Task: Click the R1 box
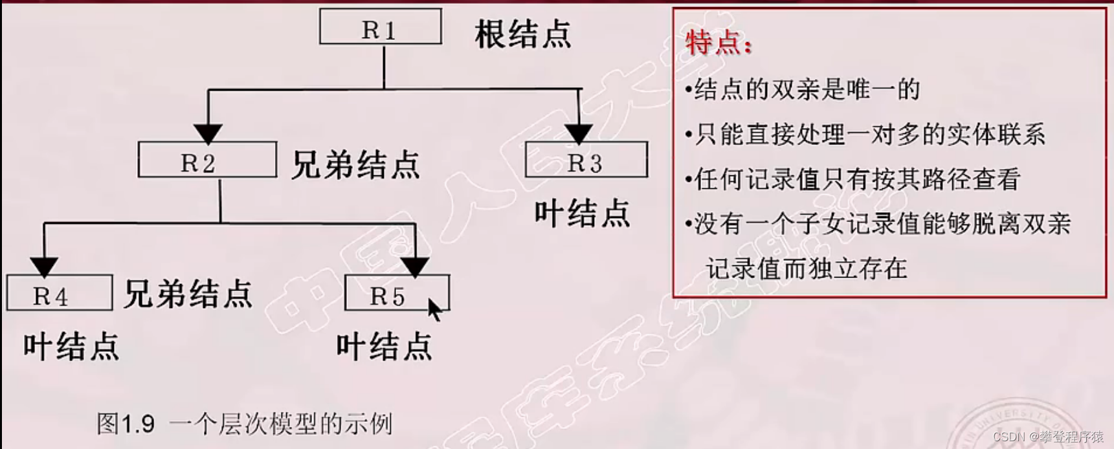381,27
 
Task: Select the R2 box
207,160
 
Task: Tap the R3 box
586,160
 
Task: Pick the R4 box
59,293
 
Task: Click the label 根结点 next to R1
523,34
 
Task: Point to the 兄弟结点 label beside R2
355,165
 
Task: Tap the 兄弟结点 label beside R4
188,294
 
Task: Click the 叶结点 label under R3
582,214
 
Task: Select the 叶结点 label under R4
71,347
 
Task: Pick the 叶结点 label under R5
384,347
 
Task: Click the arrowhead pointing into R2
208,134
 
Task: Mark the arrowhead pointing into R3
579,134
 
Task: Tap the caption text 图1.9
126,424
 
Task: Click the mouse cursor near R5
434,309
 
